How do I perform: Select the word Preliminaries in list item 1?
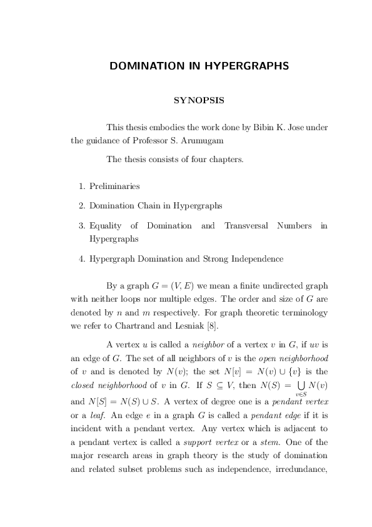[x=114, y=186]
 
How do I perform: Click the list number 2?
[x=82, y=205]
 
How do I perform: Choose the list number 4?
[x=82, y=258]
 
